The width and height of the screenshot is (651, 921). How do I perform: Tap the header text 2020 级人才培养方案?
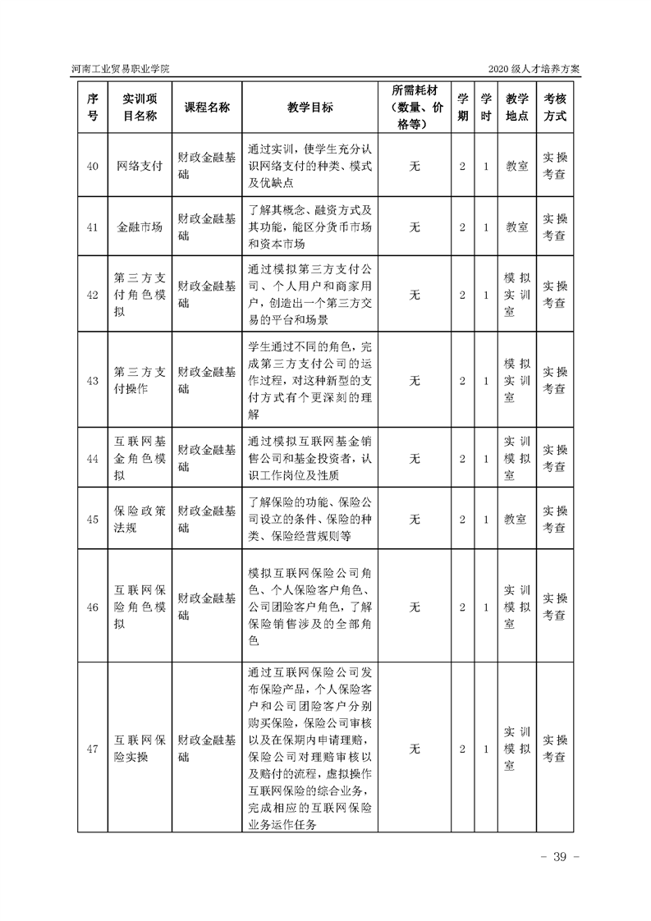[534, 69]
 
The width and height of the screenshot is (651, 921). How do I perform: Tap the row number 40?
[93, 166]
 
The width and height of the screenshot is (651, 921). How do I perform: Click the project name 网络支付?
[140, 166]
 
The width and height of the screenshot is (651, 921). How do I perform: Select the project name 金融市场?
[140, 227]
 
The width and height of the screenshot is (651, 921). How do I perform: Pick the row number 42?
[93, 294]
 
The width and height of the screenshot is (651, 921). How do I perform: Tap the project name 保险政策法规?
[140, 519]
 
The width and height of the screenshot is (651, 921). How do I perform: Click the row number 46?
[93, 607]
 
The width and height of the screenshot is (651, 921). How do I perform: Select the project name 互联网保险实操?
[140, 749]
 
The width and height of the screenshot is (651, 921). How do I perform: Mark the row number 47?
[93, 749]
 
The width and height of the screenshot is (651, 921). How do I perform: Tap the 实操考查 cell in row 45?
[555, 519]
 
